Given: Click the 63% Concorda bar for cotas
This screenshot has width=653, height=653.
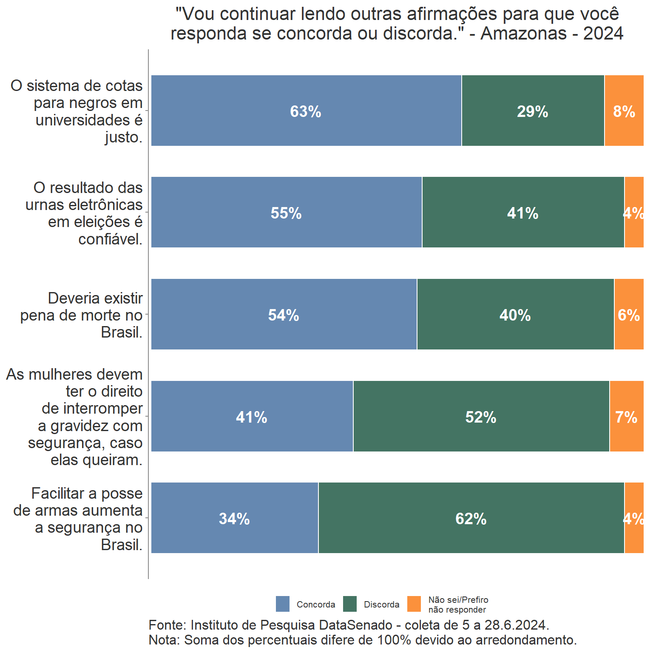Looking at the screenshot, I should (x=306, y=111).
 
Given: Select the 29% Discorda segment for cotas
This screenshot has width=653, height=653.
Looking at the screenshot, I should (x=533, y=111).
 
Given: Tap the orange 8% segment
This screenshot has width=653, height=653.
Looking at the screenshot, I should (x=624, y=111).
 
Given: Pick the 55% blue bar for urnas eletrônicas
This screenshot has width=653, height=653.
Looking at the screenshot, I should (x=286, y=212).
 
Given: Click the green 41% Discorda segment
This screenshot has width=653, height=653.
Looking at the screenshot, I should (x=523, y=212).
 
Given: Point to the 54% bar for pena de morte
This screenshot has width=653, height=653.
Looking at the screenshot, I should (x=284, y=314).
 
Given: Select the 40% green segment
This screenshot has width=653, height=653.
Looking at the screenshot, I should (x=515, y=314).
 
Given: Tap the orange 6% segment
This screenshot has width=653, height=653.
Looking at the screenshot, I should (x=629, y=314).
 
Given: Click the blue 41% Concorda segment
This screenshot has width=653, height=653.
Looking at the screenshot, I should (x=252, y=416).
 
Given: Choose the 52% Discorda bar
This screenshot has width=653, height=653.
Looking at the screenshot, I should (x=481, y=416).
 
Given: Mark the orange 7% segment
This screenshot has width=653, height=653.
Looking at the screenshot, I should (x=626, y=416).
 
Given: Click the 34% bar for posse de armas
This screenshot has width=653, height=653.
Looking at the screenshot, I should (x=234, y=518).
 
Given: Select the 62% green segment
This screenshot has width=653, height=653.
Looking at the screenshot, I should (x=471, y=518).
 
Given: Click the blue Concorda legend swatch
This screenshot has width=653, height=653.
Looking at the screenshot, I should (x=283, y=604).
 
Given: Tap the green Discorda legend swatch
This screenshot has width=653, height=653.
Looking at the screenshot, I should (x=350, y=604).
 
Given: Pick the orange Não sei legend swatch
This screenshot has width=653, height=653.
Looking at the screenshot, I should (x=414, y=604).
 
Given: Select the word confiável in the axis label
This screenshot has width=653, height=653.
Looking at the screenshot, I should (x=110, y=239).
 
